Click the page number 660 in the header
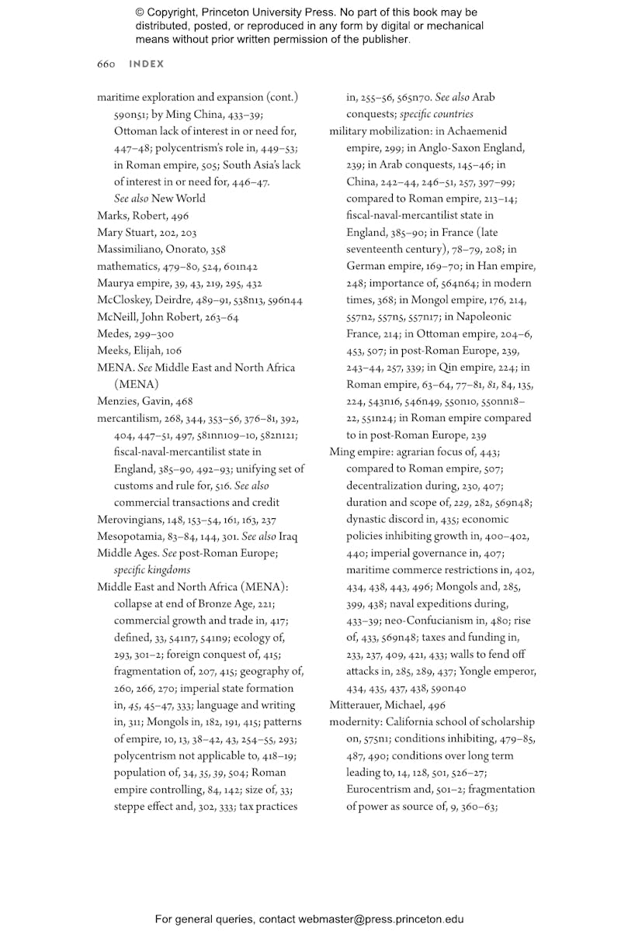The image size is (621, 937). tap(106, 64)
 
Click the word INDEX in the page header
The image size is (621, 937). tap(147, 64)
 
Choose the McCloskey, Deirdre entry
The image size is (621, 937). tap(145, 300)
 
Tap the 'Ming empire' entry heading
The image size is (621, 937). tap(358, 451)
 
